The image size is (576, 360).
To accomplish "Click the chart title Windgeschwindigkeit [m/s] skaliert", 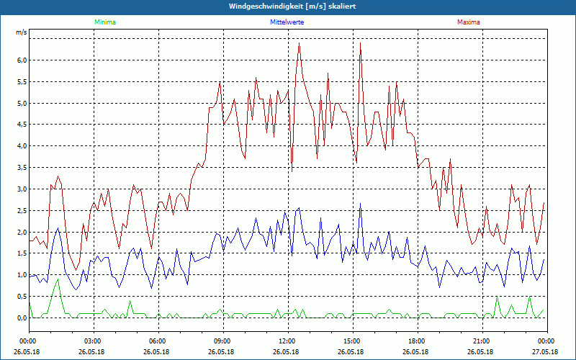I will point(292,6).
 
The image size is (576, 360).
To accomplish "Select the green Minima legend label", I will point(104,22).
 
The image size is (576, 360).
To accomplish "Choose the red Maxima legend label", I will point(468,22).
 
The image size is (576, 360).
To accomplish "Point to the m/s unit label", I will point(21,33).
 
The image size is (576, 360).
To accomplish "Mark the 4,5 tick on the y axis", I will point(22,125).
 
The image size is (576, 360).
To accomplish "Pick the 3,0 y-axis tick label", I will point(22,189).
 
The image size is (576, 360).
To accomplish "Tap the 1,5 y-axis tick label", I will point(22,253).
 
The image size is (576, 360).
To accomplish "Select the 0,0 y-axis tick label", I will point(22,318).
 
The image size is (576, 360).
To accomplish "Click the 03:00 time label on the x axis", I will point(93,341).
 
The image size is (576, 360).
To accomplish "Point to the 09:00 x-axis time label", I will point(222,341).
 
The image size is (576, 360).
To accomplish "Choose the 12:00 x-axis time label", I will point(287,341).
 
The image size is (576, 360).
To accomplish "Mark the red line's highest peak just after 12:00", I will point(299,43).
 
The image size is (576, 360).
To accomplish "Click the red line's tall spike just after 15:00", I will point(360,43).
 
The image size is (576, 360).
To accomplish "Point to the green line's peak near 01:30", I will point(58,279).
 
